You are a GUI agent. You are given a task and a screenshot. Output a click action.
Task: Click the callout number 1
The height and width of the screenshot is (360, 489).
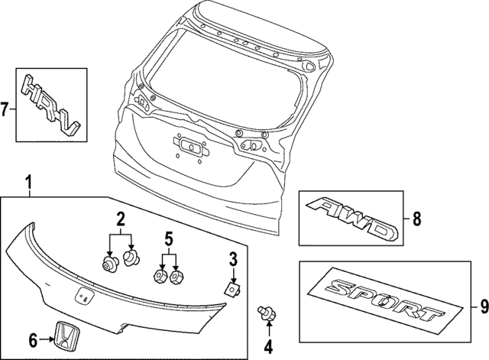click(x=28, y=183)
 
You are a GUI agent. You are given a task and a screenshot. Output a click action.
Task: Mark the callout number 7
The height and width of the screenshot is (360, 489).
click(x=5, y=108)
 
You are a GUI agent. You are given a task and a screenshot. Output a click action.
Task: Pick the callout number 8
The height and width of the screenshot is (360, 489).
click(x=416, y=219)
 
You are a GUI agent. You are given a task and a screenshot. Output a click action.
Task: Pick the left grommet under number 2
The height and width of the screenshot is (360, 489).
click(x=109, y=264)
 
